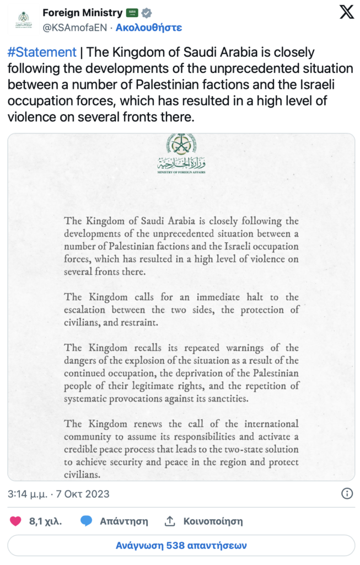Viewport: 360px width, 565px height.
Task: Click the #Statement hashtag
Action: [42, 52]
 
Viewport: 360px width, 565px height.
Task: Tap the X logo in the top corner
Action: [346, 13]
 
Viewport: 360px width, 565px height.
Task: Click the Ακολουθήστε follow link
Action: [149, 26]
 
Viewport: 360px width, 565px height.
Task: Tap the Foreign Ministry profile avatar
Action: [24, 19]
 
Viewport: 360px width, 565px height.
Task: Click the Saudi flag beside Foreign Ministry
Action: [132, 13]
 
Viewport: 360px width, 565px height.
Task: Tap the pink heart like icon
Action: [16, 521]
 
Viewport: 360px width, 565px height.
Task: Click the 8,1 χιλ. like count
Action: [45, 521]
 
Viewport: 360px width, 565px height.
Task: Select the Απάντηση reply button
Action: [123, 521]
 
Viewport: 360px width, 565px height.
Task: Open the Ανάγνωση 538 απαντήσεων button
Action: [180, 545]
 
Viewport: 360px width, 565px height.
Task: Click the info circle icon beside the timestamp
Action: [347, 494]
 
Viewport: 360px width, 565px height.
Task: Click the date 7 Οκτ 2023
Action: [84, 494]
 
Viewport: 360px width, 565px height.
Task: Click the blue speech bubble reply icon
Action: [87, 521]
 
